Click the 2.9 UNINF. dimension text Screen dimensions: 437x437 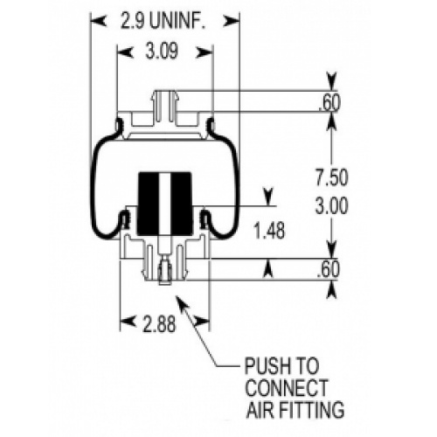pos(163,21)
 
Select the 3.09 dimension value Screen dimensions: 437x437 pos(162,52)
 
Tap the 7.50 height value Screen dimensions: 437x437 pos(332,177)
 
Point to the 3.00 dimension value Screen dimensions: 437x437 pos(332,206)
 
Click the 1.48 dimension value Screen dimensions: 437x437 pos(269,232)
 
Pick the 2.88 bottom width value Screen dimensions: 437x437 pos(160,324)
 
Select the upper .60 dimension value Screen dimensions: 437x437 pos(329,103)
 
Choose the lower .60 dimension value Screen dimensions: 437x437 pos(329,269)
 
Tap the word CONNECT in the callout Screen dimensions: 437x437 pos(288,388)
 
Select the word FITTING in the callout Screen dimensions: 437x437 pos(312,410)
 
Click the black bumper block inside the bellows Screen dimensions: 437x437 pos(164,204)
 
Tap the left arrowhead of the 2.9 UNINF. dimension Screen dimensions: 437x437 pos(98,21)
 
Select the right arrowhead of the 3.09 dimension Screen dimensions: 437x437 pos(205,52)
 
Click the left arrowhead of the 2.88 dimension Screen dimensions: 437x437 pos(128,322)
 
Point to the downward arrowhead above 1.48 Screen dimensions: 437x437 pos(268,197)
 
